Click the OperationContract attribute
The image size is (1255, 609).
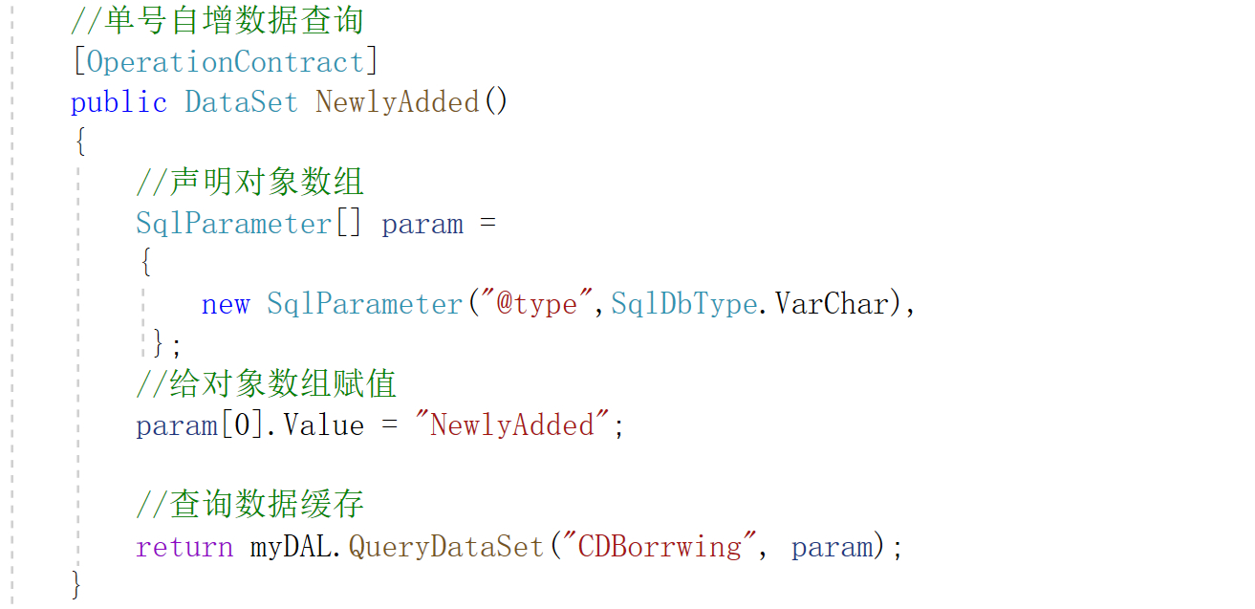click(225, 62)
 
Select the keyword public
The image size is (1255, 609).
click(119, 102)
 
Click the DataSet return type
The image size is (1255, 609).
click(241, 102)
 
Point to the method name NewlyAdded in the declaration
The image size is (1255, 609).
click(398, 102)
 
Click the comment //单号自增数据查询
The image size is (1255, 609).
click(217, 21)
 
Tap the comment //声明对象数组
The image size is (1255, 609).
click(249, 182)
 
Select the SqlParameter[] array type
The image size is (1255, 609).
click(249, 224)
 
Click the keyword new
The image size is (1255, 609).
click(226, 304)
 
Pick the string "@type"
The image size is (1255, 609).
click(536, 304)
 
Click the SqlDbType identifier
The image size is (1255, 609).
click(683, 304)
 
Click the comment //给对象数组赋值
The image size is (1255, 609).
click(266, 384)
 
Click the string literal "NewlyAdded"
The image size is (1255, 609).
click(511, 424)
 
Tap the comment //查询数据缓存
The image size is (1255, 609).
click(249, 504)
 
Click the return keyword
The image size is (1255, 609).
click(184, 547)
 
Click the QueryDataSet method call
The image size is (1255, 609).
click(445, 547)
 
